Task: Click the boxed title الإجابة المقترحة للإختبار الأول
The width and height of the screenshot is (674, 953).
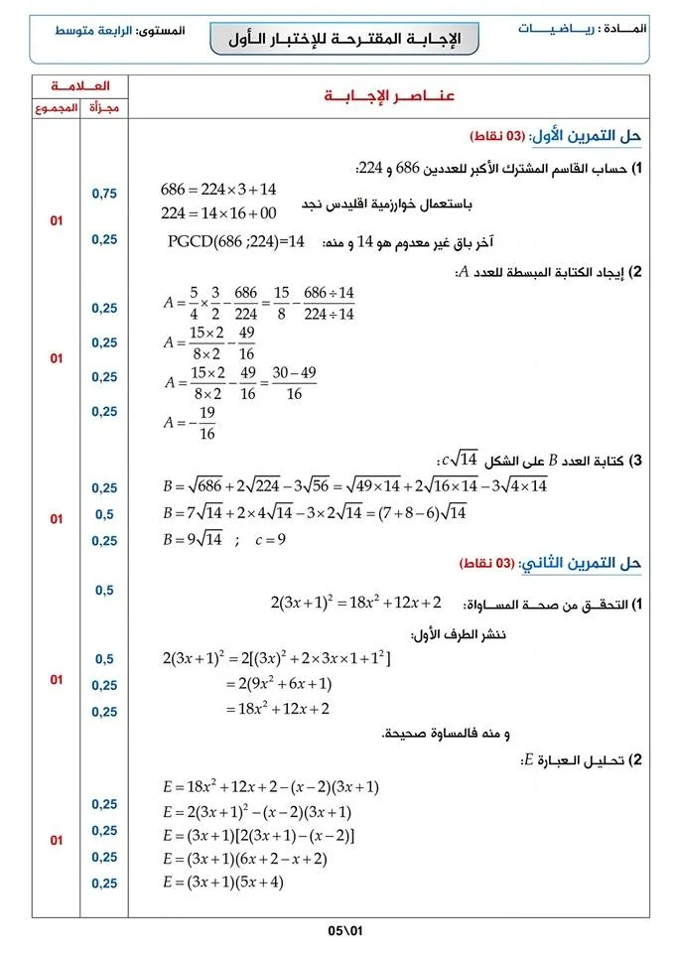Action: pos(345,39)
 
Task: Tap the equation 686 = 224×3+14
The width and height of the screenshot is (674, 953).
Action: pos(218,189)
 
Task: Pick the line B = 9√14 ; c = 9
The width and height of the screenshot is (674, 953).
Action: pos(224,541)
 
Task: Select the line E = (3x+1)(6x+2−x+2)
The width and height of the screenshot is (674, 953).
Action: pos(244,858)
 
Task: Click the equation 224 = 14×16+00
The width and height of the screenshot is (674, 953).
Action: pos(218,212)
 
